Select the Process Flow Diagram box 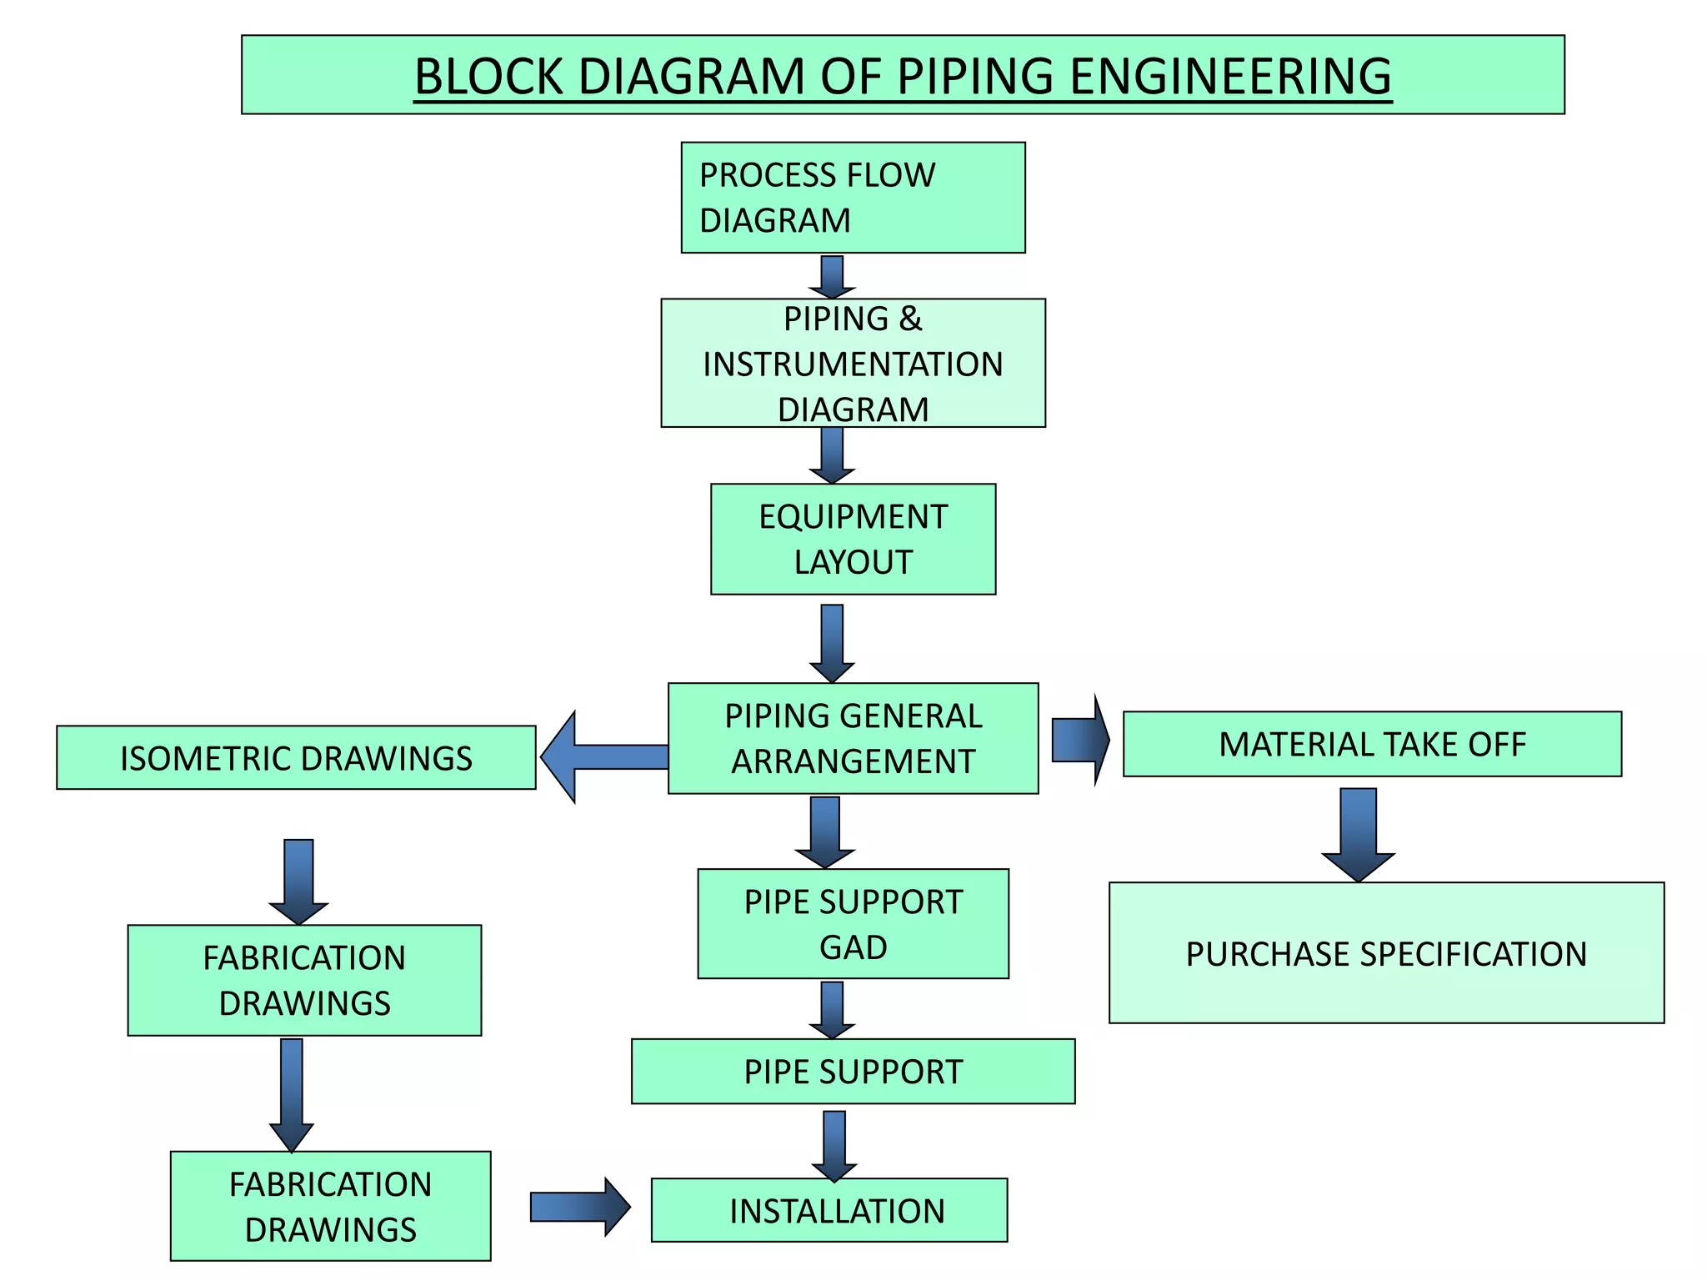(853, 198)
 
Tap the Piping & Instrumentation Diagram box (853, 364)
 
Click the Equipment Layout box (853, 539)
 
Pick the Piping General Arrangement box (853, 738)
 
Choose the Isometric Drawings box (296, 757)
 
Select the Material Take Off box (1372, 744)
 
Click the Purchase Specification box (1386, 952)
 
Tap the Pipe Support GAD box (853, 924)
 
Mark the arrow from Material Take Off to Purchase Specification (1358, 834)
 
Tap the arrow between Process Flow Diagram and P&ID (832, 277)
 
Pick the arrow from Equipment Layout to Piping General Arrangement (832, 642)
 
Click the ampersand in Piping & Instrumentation (910, 319)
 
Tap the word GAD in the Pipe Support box (853, 947)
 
